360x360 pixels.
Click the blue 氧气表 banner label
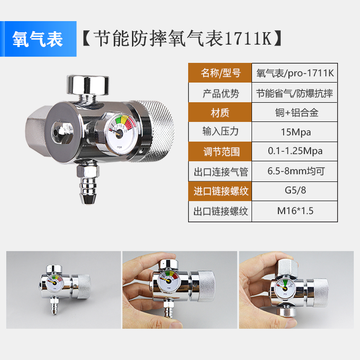point(38,39)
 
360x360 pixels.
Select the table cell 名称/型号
point(220,73)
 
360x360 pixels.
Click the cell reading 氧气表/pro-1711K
point(295,73)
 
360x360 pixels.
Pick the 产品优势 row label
point(220,93)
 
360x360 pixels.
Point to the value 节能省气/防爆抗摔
point(295,93)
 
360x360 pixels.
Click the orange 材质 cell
point(220,113)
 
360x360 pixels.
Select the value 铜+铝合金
point(295,113)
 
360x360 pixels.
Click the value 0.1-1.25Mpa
point(295,152)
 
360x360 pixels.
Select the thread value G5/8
point(295,191)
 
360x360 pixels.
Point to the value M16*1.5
point(295,210)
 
